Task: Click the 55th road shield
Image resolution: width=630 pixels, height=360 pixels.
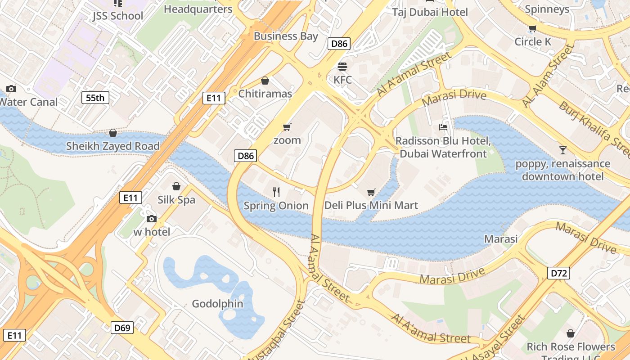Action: click(x=95, y=98)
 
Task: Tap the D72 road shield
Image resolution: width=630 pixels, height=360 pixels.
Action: click(x=559, y=273)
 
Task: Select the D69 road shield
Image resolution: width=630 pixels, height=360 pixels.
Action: click(x=122, y=328)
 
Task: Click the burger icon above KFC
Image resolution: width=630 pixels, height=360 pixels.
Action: click(x=342, y=67)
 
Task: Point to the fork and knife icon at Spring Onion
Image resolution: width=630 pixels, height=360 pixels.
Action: click(x=276, y=192)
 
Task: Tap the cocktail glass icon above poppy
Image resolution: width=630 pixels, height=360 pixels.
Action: click(x=562, y=150)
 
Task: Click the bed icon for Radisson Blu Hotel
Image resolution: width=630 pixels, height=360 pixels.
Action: click(x=443, y=127)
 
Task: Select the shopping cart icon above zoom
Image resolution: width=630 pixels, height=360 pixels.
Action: click(x=287, y=127)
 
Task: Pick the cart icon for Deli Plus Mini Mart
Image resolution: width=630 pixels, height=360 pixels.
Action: click(x=371, y=193)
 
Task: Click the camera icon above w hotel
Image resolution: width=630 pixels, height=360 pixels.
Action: click(x=152, y=219)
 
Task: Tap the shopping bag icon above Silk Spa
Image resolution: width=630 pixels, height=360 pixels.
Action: click(x=176, y=186)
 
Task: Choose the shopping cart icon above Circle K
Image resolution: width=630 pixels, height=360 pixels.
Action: click(x=533, y=29)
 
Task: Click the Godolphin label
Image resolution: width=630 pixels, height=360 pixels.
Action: click(x=217, y=304)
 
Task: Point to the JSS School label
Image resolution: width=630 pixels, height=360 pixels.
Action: click(x=117, y=16)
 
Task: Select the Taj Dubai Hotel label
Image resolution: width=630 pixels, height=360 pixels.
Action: click(x=430, y=12)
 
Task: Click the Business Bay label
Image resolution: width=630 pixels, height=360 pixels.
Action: click(x=286, y=36)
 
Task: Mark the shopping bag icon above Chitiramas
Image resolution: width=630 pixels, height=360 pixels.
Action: click(x=265, y=81)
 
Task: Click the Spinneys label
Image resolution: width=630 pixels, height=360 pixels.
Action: click(x=547, y=9)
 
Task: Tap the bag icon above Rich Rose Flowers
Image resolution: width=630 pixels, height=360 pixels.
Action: click(x=571, y=333)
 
